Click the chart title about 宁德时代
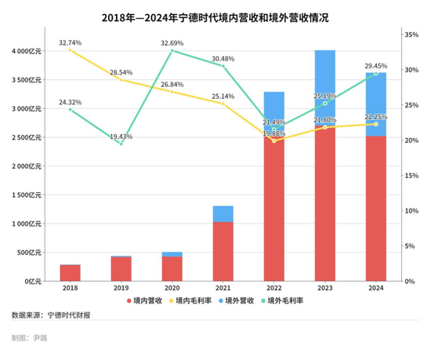pos(215,16)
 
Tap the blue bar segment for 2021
pos(223,213)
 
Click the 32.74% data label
pos(70,42)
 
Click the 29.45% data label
pos(376,66)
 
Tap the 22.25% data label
pos(376,116)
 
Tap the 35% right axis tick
pos(413,35)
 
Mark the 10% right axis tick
pos(413,211)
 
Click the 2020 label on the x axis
pos(172,288)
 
